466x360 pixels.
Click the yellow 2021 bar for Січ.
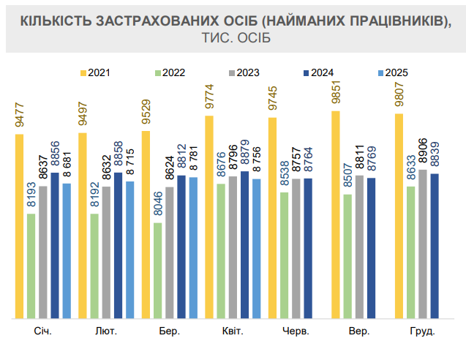point(19,227)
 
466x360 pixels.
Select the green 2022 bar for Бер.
point(158,271)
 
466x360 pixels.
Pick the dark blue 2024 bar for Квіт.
point(244,245)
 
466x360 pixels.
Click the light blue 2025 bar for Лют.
point(129,250)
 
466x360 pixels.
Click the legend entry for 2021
point(96,72)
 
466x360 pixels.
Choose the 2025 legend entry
point(391,72)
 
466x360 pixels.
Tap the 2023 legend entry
point(243,72)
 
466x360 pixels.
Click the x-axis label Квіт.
point(233,331)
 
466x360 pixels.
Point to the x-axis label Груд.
point(421,331)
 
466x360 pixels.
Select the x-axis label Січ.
point(42,331)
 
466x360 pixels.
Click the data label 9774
point(209,98)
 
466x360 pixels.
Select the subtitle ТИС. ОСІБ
point(233,37)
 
